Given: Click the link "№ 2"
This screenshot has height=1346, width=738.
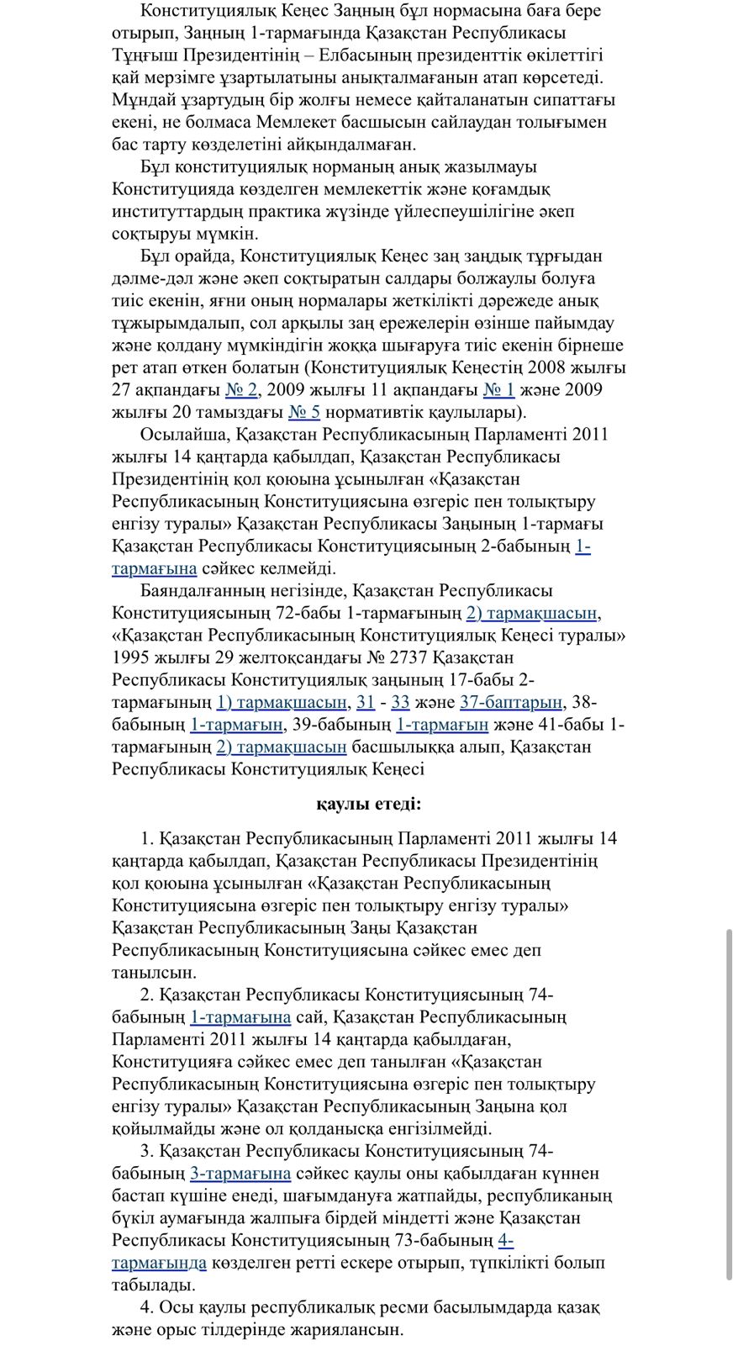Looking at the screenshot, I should click(242, 390).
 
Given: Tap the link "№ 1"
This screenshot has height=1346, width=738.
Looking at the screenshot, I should click(498, 390).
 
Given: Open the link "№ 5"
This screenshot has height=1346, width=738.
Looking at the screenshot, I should click(303, 413).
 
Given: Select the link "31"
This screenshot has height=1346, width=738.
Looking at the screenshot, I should click(366, 703).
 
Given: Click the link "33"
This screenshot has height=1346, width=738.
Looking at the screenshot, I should click(400, 703).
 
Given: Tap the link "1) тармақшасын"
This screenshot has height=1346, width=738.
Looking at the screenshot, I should click(282, 703).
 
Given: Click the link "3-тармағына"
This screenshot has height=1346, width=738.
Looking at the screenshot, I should click(240, 1174).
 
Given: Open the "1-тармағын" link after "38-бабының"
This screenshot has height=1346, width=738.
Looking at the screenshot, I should click(236, 725).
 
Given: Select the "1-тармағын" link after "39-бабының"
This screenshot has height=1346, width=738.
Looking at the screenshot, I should click(442, 725).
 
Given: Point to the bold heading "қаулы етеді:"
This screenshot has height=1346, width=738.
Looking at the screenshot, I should click(369, 805).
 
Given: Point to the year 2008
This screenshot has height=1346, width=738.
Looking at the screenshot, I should click(550, 367).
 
